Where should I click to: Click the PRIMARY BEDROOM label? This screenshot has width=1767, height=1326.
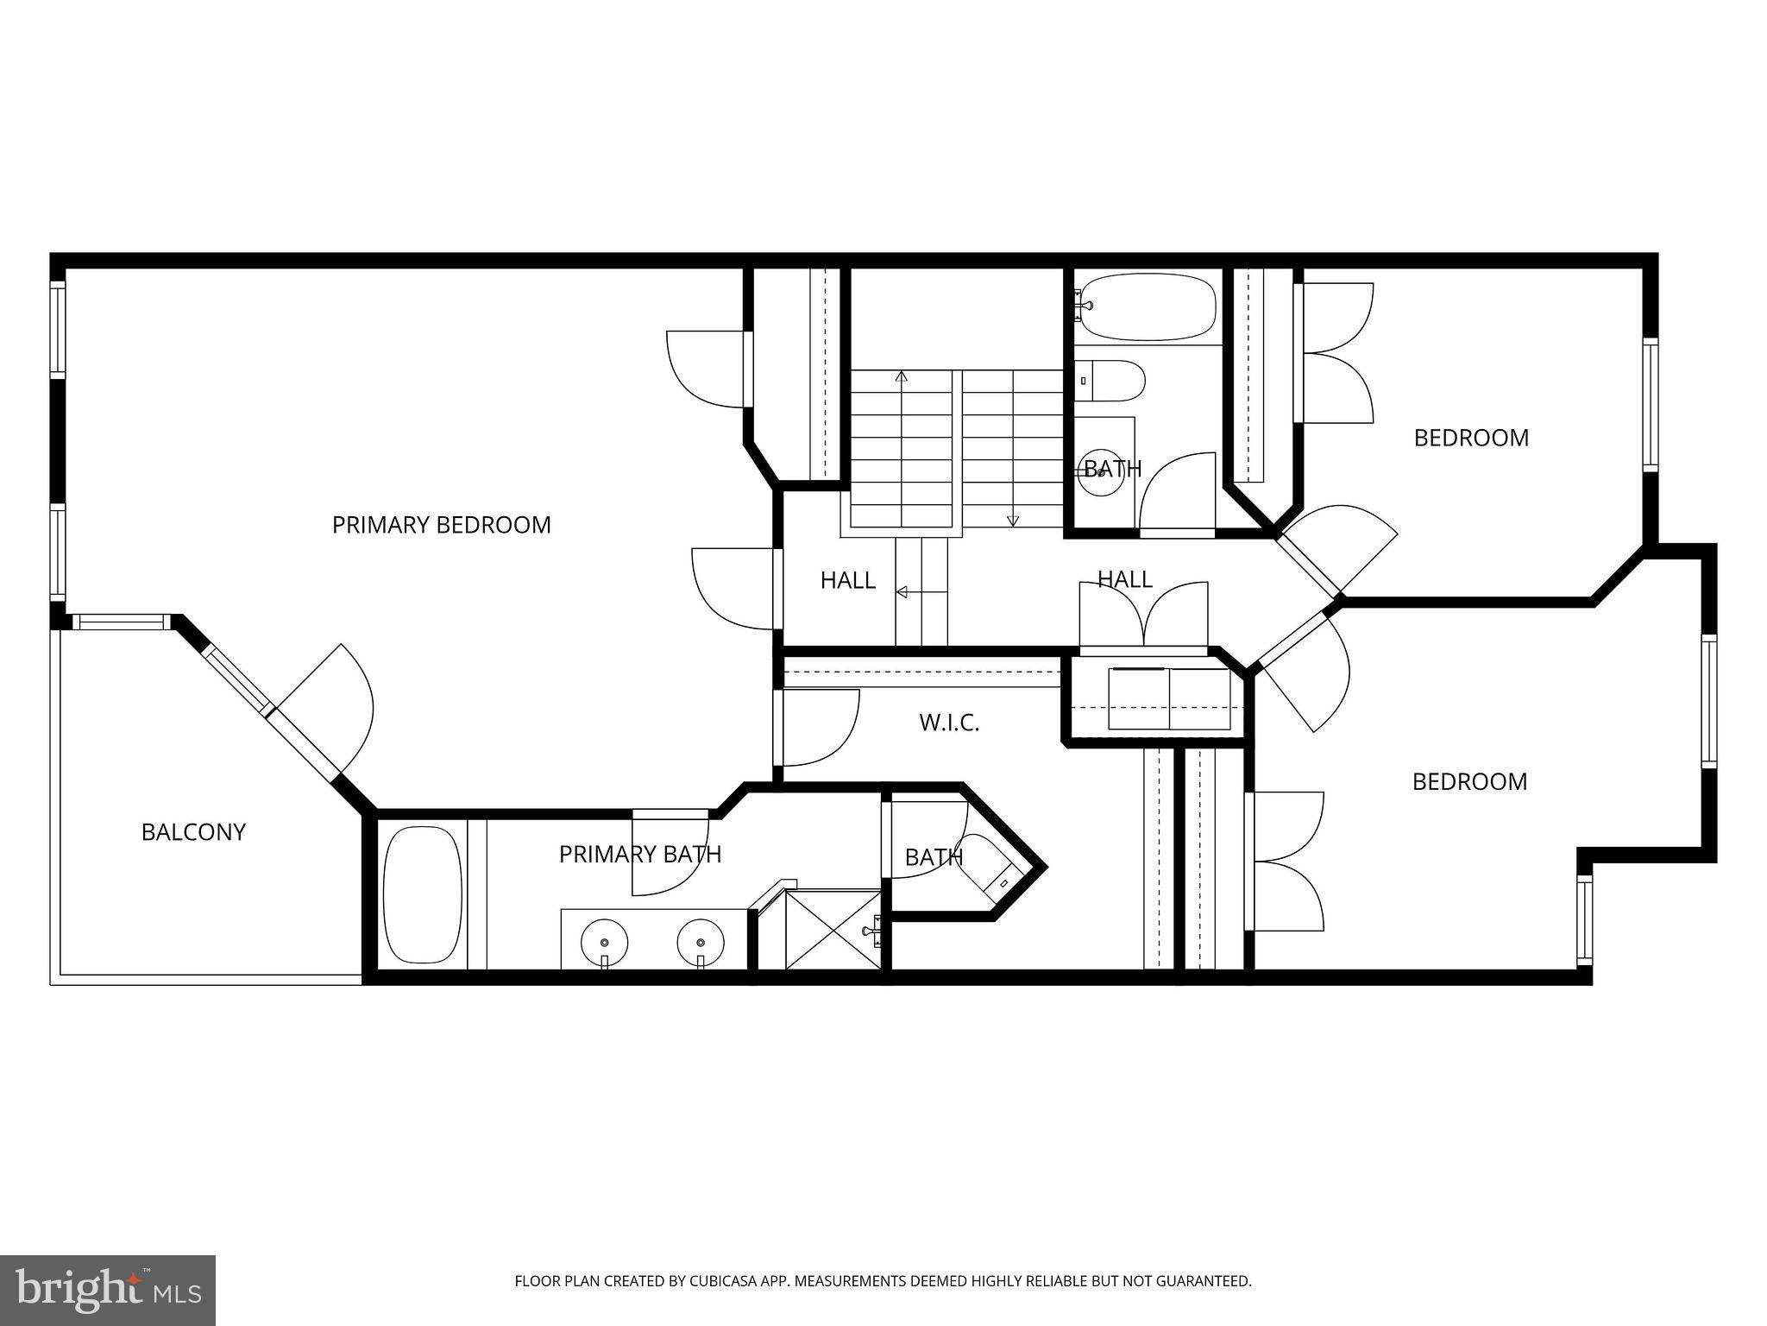[x=441, y=525]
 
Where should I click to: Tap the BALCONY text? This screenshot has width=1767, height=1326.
[x=193, y=832]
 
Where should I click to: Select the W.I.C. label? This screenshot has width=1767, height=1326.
[x=949, y=723]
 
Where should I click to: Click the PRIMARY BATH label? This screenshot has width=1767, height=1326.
[x=639, y=855]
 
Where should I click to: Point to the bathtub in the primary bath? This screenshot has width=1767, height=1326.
[x=422, y=895]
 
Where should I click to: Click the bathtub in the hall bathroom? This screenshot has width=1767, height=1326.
[x=1148, y=306]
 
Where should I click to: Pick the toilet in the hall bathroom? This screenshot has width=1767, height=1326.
[x=1113, y=380]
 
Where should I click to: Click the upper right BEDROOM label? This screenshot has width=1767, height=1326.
[x=1471, y=438]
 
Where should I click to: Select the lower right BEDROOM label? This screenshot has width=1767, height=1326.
[x=1469, y=781]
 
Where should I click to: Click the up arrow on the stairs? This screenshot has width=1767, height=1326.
[x=902, y=377]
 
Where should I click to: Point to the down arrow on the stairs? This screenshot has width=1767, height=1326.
[x=1013, y=520]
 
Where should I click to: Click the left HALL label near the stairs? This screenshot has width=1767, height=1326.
[x=847, y=581]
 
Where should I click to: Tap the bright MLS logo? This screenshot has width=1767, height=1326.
[x=108, y=1290]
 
